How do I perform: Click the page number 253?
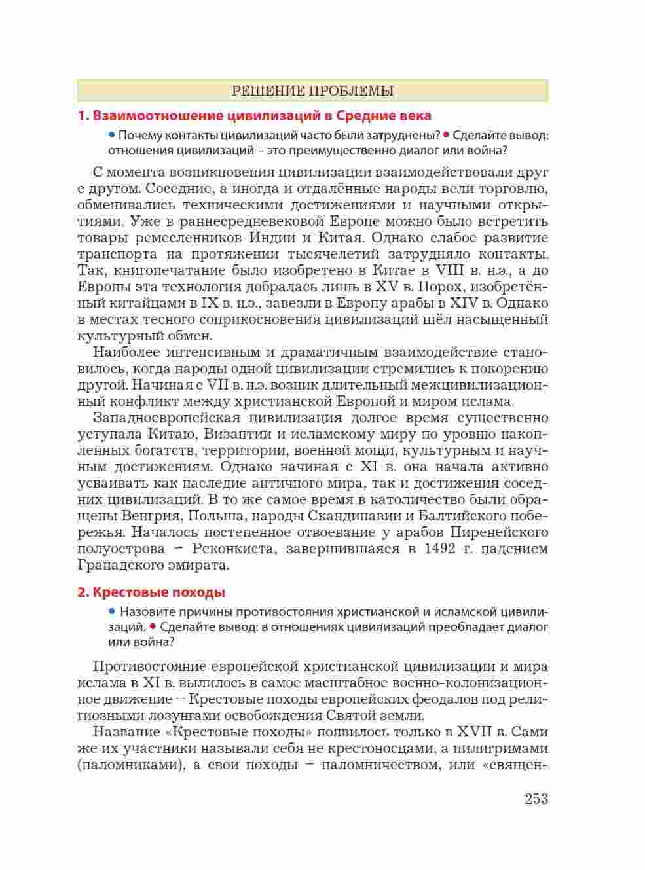coord(536,799)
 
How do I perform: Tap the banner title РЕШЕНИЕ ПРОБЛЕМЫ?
coord(312,91)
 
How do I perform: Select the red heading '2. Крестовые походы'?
coord(151,592)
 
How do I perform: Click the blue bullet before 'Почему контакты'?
coord(112,136)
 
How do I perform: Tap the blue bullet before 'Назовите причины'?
coord(112,611)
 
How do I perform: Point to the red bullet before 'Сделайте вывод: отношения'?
coord(446,136)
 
